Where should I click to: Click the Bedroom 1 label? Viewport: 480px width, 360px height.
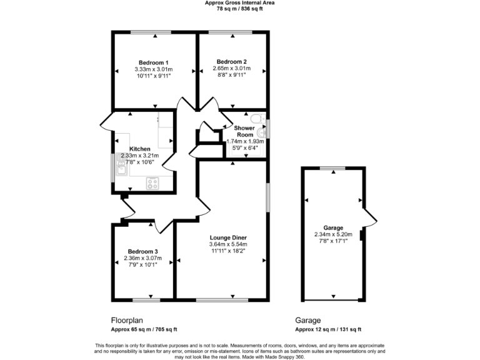click(153, 62)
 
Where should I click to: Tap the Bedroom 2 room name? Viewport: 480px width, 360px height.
click(231, 61)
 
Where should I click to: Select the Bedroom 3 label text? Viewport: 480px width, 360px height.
click(139, 251)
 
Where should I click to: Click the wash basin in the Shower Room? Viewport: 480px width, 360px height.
click(261, 132)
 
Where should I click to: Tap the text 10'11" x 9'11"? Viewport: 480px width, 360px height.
click(153, 76)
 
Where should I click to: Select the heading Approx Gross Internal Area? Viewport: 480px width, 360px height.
click(239, 2)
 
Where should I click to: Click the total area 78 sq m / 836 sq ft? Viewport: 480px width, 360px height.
click(239, 9)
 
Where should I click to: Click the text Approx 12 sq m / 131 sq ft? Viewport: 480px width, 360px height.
click(328, 329)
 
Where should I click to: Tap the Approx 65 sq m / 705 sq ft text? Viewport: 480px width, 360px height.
click(144, 329)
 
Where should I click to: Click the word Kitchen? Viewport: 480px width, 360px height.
click(139, 149)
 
